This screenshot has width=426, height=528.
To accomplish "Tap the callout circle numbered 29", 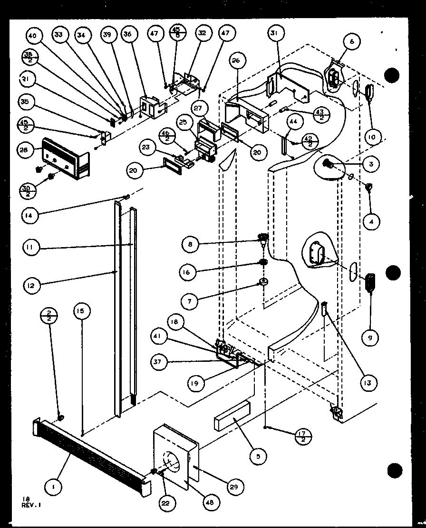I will (x=235, y=486).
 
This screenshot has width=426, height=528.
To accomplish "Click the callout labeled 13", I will (x=368, y=382).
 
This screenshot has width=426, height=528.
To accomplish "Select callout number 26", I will (x=236, y=60).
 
